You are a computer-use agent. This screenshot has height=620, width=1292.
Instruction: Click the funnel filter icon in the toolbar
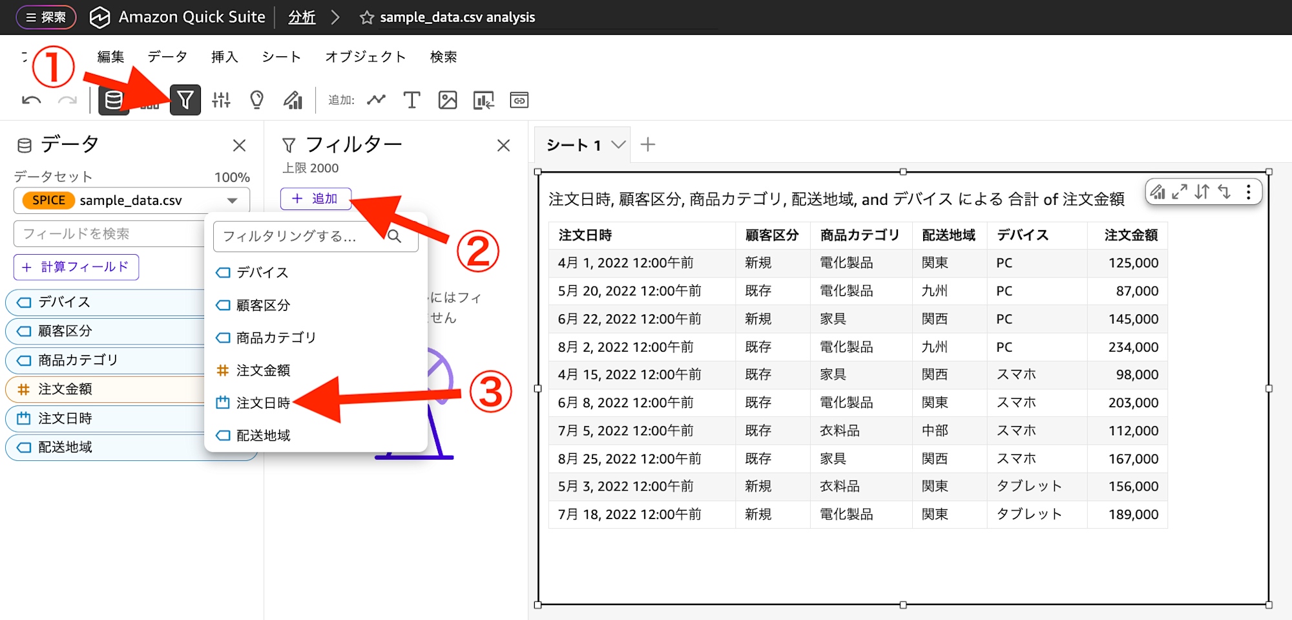pyautogui.click(x=185, y=100)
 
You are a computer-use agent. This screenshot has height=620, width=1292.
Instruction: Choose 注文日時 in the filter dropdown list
pyautogui.click(x=262, y=403)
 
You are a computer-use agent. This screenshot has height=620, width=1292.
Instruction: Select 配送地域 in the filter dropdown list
pyautogui.click(x=263, y=435)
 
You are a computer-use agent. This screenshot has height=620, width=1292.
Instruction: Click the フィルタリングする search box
pyautogui.click(x=304, y=236)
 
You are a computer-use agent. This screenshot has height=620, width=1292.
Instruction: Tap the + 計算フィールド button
pyautogui.click(x=76, y=267)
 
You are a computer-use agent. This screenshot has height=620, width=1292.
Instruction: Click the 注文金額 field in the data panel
pyautogui.click(x=65, y=389)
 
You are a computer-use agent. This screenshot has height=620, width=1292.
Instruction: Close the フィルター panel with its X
pyautogui.click(x=503, y=145)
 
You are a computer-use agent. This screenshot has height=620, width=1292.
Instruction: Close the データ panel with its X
pyautogui.click(x=239, y=145)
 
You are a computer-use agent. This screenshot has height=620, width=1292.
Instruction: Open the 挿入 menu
pyautogui.click(x=224, y=57)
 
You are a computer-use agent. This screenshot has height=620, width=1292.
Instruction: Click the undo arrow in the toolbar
pyautogui.click(x=31, y=100)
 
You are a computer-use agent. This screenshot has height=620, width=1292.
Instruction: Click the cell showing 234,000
pyautogui.click(x=1133, y=347)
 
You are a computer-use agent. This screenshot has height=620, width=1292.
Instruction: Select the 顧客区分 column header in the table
pyautogui.click(x=771, y=235)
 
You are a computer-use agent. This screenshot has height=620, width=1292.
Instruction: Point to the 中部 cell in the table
pyautogui.click(x=934, y=431)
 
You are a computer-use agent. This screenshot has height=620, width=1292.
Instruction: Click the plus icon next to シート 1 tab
pyautogui.click(x=647, y=145)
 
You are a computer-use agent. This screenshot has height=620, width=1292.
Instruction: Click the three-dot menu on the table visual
pyautogui.click(x=1248, y=192)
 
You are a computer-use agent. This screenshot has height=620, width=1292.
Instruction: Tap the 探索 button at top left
pyautogui.click(x=46, y=17)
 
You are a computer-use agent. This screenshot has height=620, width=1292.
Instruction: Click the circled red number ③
pyautogui.click(x=490, y=392)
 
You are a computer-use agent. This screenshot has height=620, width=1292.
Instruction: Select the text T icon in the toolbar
pyautogui.click(x=412, y=100)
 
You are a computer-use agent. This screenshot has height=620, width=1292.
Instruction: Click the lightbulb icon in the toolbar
pyautogui.click(x=256, y=100)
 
